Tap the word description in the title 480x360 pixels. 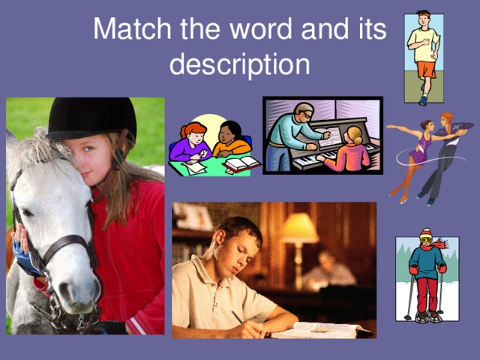coord(239,64)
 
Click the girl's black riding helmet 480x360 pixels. coord(91,118)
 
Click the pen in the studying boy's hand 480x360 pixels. coord(239,318)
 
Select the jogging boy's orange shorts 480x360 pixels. coord(427,69)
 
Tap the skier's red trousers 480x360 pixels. coord(426,292)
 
